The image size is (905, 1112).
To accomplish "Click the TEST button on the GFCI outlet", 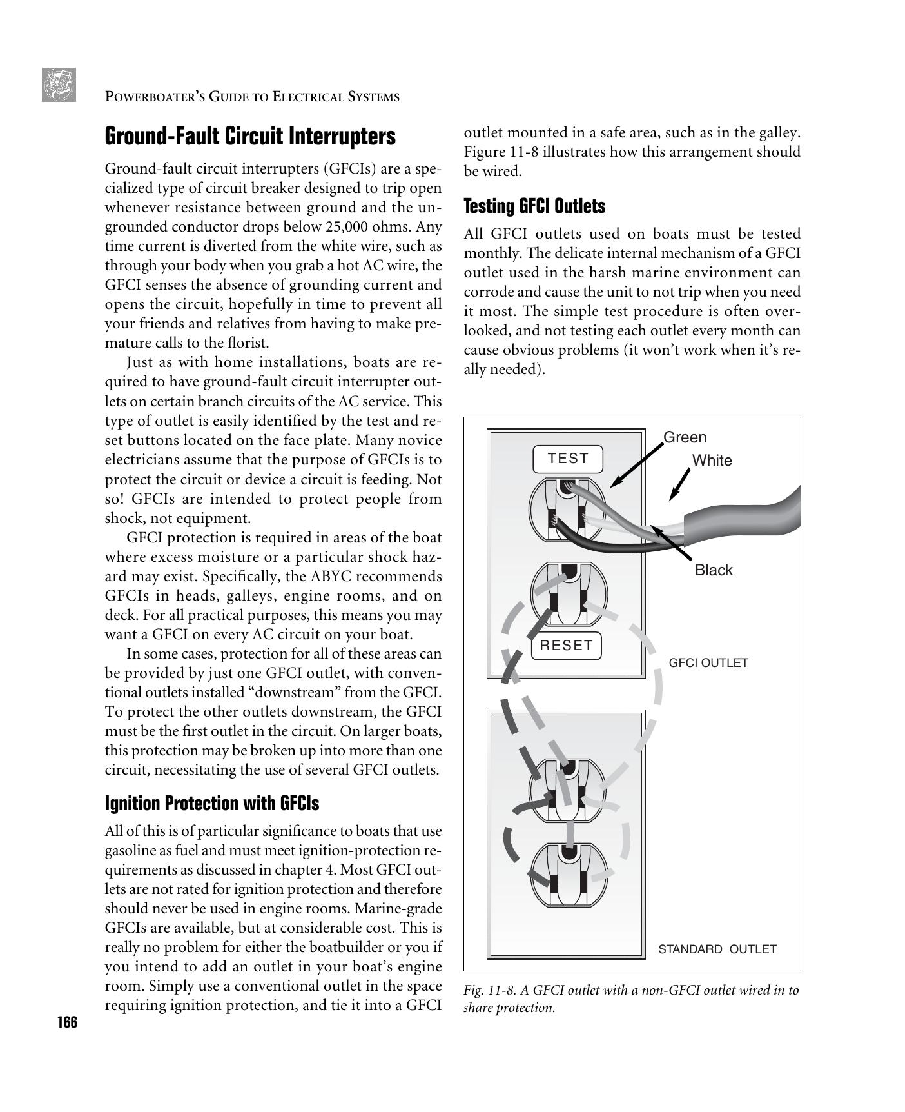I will point(568,459).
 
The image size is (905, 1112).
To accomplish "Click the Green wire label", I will point(685,437).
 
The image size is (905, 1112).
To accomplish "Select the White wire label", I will point(712,461).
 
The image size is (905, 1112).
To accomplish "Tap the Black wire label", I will point(714,570).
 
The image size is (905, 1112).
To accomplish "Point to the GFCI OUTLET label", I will point(708,663).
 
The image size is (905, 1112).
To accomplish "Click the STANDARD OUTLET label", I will point(717,949).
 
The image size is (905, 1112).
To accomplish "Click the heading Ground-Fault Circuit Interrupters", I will point(250,137).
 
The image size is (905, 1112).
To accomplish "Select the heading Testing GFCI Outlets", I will point(534,206).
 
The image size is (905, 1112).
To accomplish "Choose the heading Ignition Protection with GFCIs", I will point(211,804).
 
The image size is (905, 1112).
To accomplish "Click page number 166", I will point(66,1022).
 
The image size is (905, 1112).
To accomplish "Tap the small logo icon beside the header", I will point(59,84).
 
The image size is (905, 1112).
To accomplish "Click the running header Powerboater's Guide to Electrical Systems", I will point(252,97).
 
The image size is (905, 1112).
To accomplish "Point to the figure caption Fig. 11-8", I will point(630,998).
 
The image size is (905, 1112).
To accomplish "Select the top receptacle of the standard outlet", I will point(568,790).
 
